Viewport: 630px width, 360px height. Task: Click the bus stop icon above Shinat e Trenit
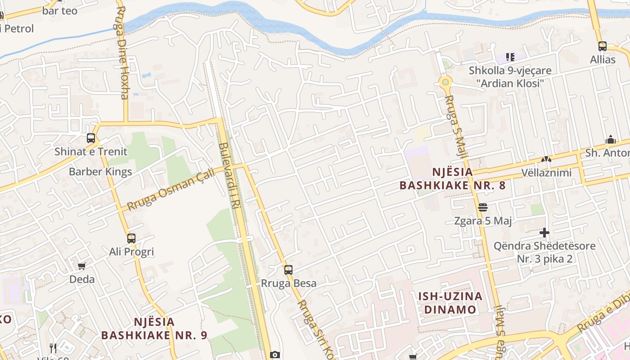coord(91,138)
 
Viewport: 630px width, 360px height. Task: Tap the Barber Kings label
coord(100,171)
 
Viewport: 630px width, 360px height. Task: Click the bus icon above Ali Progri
coord(131,238)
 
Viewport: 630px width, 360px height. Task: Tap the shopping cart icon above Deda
coord(82,266)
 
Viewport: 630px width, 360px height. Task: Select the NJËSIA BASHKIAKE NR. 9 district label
coord(154,328)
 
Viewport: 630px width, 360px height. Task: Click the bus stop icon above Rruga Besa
coord(288,270)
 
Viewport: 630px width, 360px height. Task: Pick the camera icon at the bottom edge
coord(275,355)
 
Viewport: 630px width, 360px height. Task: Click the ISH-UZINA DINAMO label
coord(450,303)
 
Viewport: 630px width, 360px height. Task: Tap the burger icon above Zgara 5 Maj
coord(483,207)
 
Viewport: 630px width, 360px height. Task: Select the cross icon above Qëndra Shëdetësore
coord(544,233)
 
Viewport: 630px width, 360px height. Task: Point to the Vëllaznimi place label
coord(546,173)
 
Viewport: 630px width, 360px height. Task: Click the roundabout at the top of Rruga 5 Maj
coord(445,82)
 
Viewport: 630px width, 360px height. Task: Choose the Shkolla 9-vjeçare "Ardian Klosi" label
coord(510,77)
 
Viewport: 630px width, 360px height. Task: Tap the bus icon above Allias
coord(603,46)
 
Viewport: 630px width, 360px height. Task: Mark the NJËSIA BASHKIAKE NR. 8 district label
coord(452,179)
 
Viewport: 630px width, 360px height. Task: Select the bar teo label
coord(60,11)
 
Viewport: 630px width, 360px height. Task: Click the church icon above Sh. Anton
coord(611,139)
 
